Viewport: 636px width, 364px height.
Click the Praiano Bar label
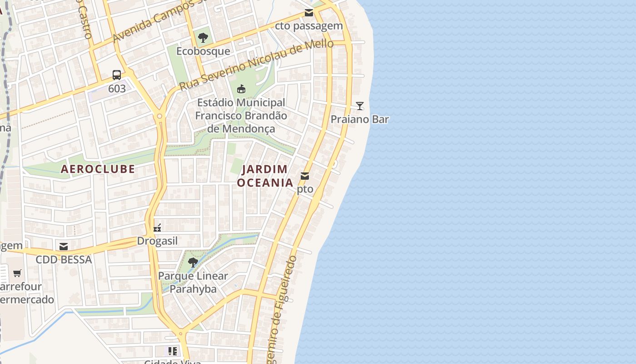pos(359,119)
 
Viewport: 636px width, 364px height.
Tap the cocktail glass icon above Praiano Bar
pos(359,106)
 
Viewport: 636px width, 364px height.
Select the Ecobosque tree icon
pos(203,37)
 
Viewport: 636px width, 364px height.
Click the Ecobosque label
pos(203,51)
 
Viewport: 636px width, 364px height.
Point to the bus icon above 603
pos(117,75)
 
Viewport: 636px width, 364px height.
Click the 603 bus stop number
pos(117,88)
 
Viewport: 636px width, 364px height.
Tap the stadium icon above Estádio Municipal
pos(241,89)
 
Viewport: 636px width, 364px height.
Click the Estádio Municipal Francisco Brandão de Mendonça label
pos(241,116)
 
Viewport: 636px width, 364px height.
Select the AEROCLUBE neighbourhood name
pos(98,169)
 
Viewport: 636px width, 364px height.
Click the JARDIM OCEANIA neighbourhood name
pos(265,176)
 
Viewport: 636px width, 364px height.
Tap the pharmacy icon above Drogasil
pos(157,227)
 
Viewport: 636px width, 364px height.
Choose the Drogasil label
pos(157,241)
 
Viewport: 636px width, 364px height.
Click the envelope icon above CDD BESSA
pos(64,246)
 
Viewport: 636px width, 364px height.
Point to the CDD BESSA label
pos(64,259)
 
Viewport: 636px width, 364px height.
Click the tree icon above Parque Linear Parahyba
pos(193,262)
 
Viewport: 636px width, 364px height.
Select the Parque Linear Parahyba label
pos(193,282)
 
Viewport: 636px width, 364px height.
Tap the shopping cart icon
pos(17,273)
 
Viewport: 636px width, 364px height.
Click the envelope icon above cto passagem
pos(309,12)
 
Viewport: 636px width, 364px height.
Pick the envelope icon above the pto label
pos(305,176)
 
